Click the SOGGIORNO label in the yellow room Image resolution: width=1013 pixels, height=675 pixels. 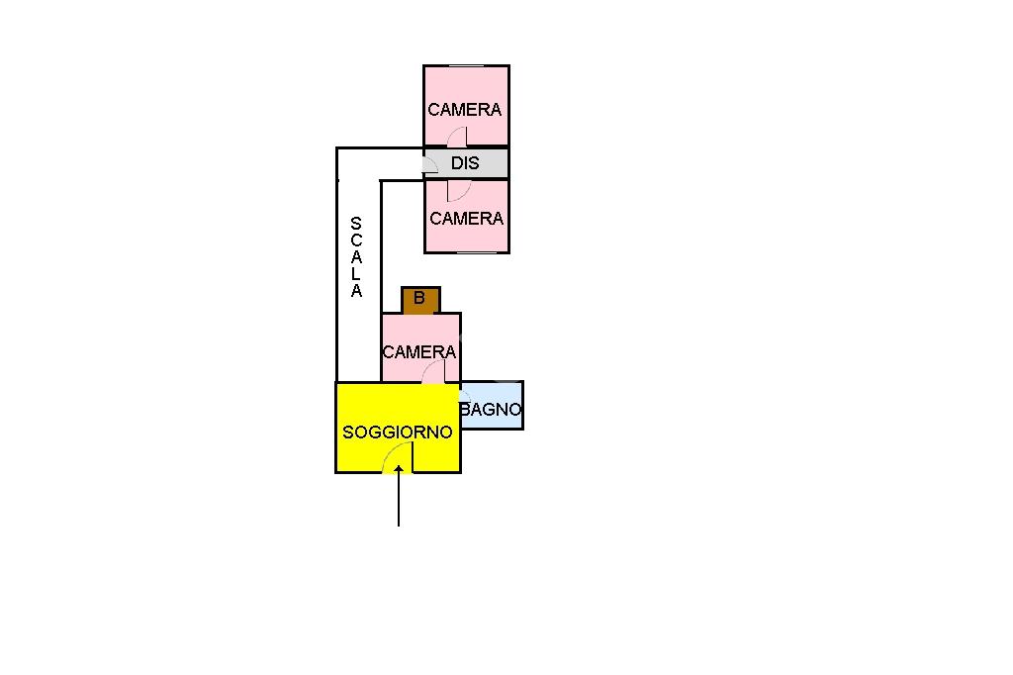pyautogui.click(x=397, y=433)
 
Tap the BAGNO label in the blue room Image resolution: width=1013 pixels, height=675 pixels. pyautogui.click(x=491, y=409)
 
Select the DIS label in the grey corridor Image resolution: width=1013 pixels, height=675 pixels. pyautogui.click(x=465, y=163)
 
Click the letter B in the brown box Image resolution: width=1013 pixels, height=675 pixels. pyautogui.click(x=419, y=297)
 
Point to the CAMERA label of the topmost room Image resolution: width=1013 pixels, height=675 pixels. pyautogui.click(x=465, y=110)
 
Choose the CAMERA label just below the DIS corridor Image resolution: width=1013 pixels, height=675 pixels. pyautogui.click(x=467, y=218)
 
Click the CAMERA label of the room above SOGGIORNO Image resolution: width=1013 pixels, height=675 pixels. pyautogui.click(x=419, y=351)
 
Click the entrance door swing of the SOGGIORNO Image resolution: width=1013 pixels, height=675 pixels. pyautogui.click(x=398, y=457)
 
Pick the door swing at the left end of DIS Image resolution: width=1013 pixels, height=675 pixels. pyautogui.click(x=430, y=164)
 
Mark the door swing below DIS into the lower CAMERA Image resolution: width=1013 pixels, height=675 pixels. pyautogui.click(x=456, y=190)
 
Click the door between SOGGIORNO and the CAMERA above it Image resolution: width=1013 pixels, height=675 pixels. pyautogui.click(x=433, y=372)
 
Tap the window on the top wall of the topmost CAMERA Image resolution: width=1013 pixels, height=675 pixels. pyautogui.click(x=466, y=66)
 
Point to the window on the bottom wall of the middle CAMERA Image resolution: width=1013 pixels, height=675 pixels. pyautogui.click(x=476, y=252)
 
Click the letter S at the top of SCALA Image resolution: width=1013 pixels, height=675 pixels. pyautogui.click(x=356, y=224)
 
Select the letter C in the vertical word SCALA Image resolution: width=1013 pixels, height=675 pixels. pyautogui.click(x=356, y=241)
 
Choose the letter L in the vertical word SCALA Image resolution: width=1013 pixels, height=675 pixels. pyautogui.click(x=356, y=275)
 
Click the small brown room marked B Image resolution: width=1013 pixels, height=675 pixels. pyautogui.click(x=419, y=300)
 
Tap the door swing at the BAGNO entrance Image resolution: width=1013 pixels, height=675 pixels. pyautogui.click(x=464, y=395)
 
